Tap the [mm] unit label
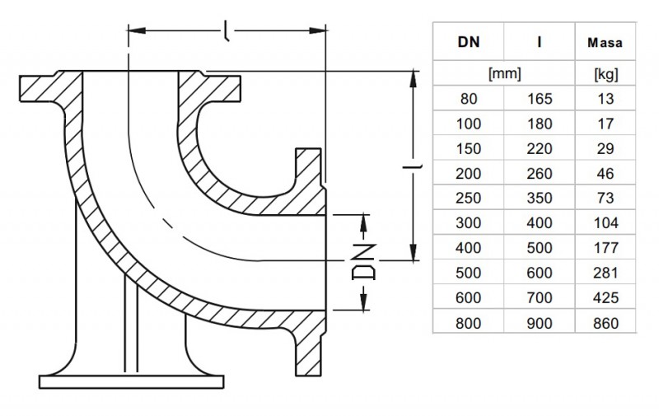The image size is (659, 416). pos(504,74)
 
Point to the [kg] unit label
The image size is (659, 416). pos(605,74)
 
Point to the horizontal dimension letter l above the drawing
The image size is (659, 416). pos(226,32)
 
